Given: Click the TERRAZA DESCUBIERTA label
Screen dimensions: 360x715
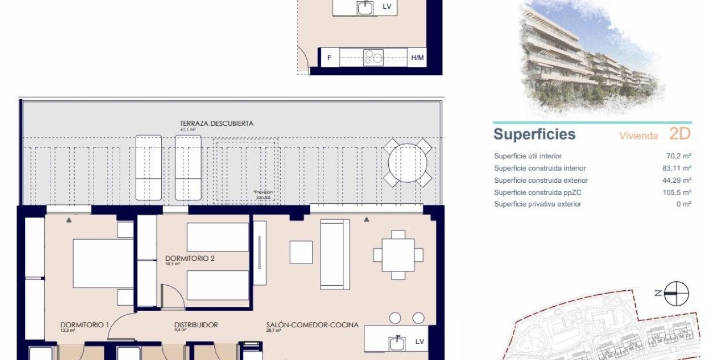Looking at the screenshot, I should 217,124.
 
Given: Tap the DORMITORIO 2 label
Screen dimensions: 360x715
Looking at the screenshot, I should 190,258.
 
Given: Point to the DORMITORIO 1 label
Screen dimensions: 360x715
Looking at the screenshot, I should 85,325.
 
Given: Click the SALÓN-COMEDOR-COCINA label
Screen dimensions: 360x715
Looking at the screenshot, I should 312,325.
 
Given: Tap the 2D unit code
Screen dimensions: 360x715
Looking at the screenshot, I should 680,133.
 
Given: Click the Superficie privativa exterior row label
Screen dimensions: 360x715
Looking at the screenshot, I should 538,204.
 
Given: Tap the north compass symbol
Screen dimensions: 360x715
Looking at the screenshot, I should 676,293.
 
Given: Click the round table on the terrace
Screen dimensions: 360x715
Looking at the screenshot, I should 408,163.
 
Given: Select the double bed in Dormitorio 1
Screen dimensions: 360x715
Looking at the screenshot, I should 103,264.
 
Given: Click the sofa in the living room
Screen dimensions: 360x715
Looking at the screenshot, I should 335,253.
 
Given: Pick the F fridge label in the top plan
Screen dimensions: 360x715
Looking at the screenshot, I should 330,58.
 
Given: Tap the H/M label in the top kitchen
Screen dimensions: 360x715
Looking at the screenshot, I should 417,58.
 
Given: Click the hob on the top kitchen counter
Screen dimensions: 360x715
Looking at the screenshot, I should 373,58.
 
